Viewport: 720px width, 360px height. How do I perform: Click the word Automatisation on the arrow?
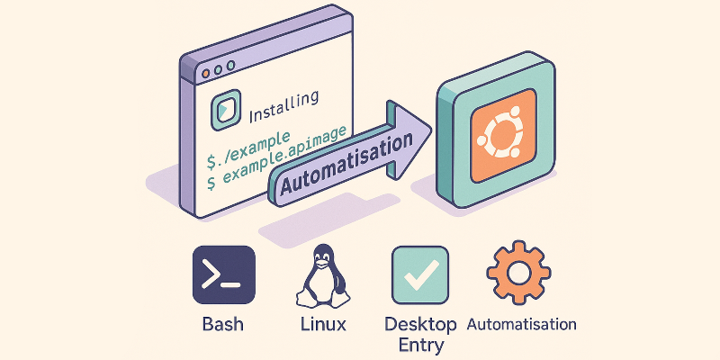point(342,166)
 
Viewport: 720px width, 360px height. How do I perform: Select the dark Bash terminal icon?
point(223,275)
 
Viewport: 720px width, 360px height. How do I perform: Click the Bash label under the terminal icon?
point(223,324)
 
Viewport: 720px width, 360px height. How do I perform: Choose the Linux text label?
point(321,324)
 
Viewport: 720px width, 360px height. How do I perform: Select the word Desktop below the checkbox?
point(419,323)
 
